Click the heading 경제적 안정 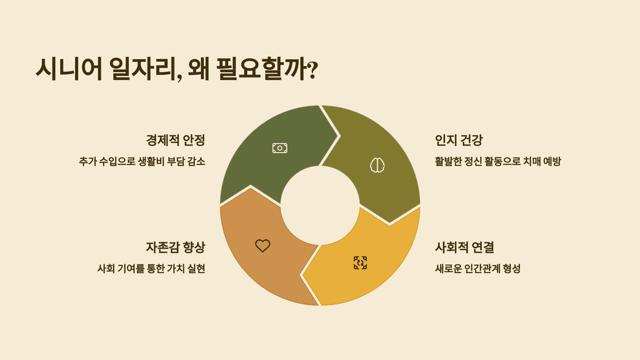click(176, 139)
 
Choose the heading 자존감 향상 click(176, 247)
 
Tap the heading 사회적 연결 click(464, 247)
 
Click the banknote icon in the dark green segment click(279, 148)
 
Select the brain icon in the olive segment click(377, 165)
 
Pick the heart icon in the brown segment click(262, 246)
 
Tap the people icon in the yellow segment click(360, 262)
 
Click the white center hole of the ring click(320, 206)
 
